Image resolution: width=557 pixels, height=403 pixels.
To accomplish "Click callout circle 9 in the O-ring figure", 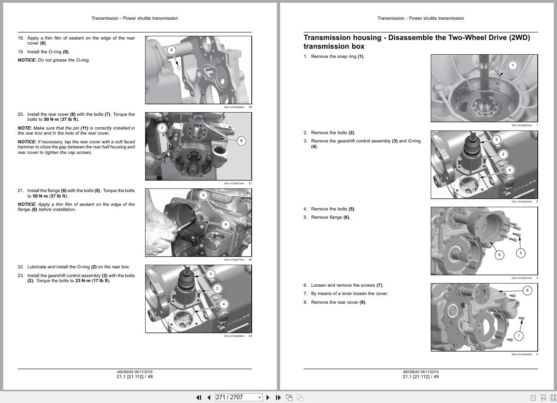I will coord(171,50).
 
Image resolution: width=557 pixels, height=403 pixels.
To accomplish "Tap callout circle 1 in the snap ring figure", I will coord(513,65).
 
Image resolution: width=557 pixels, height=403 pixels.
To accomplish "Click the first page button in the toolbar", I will coord(199,397).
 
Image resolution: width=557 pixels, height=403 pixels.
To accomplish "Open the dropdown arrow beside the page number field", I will coord(259,397).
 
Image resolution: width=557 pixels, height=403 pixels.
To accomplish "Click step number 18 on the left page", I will coord(20,38).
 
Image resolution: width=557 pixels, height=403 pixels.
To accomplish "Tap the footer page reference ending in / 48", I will coord(135,377).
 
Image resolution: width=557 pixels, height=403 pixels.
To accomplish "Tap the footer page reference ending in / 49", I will coord(421,377).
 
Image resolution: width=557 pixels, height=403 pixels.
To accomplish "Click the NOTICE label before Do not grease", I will coord(27,60).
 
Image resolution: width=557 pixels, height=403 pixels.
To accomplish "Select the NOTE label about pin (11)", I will coord(24,128).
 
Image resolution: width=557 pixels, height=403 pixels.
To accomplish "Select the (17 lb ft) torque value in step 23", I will coord(101,281).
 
